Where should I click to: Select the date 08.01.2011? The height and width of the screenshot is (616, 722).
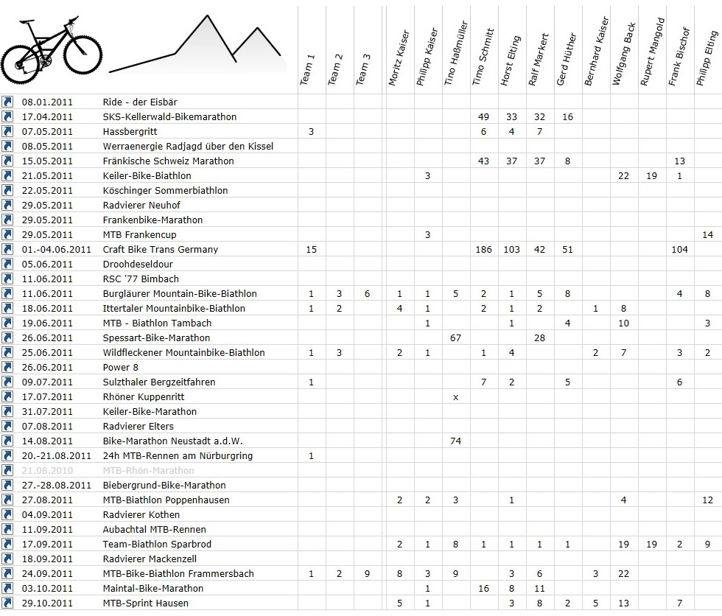point(47,102)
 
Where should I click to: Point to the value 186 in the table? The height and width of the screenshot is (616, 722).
point(483,249)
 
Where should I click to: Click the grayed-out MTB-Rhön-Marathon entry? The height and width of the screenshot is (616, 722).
point(148,470)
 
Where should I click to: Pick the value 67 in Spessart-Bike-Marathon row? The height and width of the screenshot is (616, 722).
point(455,337)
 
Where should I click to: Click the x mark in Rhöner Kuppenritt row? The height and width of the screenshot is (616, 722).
point(455,396)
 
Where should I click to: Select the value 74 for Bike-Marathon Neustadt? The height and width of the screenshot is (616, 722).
point(455,441)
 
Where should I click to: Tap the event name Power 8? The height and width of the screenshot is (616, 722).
point(121,367)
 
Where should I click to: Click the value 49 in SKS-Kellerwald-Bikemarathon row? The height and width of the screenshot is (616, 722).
point(483,116)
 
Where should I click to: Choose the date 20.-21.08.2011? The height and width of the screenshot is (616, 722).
point(56,455)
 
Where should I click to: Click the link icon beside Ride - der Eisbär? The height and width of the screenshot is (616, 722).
point(8,102)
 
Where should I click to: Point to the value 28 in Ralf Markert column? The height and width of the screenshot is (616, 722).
point(539,337)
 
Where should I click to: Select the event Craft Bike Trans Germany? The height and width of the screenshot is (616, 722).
point(161,249)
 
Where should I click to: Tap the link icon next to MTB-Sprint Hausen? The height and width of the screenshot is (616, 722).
point(8,603)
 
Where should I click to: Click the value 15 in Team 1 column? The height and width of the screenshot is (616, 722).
point(311,249)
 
